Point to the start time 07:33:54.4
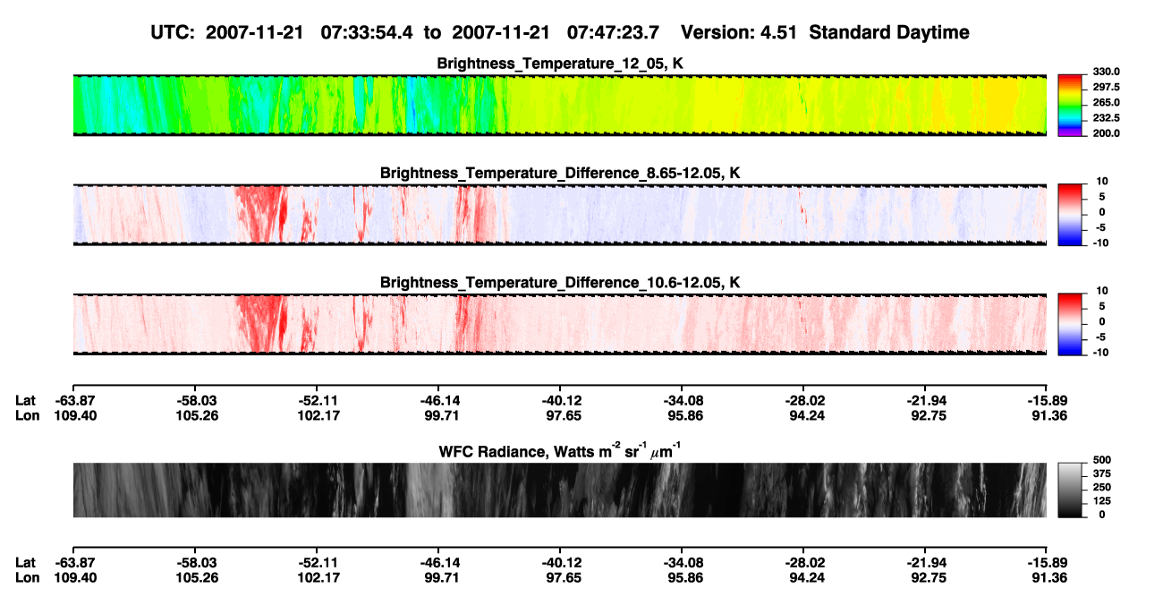pos(367,32)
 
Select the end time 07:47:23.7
pos(613,32)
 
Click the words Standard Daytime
pos(889,32)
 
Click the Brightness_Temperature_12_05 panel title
pos(560,64)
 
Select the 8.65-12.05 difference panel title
pos(560,173)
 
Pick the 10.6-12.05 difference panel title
pos(560,283)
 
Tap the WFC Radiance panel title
pos(560,451)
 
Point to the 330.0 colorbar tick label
pos(1106,72)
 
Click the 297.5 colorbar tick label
pos(1106,87)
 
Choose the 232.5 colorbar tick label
pos(1106,118)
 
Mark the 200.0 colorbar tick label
pos(1106,133)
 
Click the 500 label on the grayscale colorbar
pos(1102,460)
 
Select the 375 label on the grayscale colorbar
pos(1102,473)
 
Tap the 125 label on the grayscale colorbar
pos(1102,501)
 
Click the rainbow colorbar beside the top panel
pos(1070,106)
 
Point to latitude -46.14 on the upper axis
pos(440,401)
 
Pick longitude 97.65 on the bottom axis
pos(564,578)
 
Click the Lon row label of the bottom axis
pos(28,578)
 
